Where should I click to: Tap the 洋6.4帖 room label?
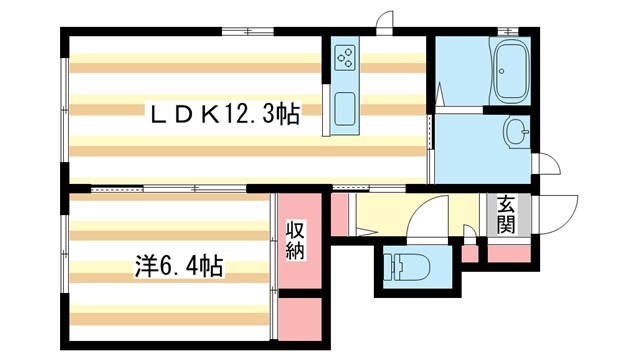(179, 267)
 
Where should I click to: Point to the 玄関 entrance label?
(506, 214)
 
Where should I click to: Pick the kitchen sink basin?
(343, 108)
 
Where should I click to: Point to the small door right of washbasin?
(546, 161)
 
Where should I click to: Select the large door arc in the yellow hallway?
(432, 213)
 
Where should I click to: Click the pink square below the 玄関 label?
(505, 253)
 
